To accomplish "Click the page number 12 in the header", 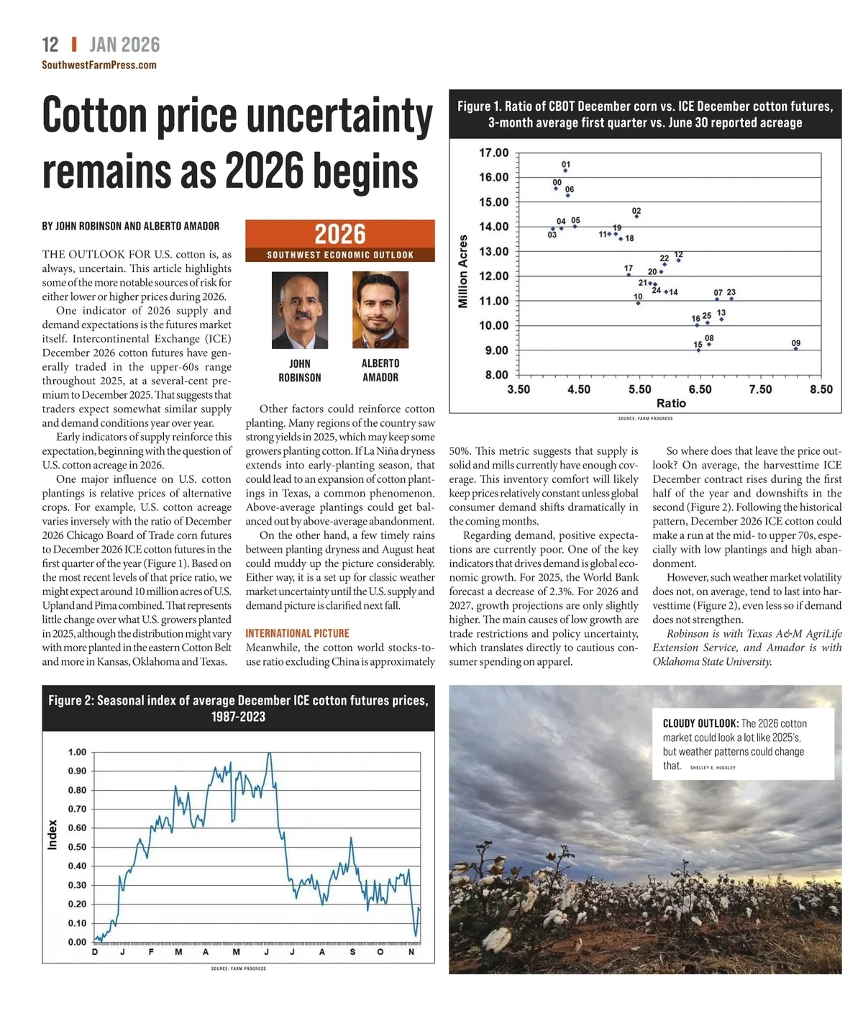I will pos(50,45).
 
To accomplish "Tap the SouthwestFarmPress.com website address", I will pos(99,65).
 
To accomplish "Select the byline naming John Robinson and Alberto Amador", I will pos(131,226).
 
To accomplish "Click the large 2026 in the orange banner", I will pos(340,235).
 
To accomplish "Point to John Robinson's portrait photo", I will pos(300,310).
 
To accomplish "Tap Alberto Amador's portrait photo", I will pos(380,310).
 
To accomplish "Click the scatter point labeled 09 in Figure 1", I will pos(795,348).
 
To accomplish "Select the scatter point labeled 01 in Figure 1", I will pos(565,171).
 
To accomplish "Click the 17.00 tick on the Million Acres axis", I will pos(493,153).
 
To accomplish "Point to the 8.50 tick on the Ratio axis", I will pos(821,389).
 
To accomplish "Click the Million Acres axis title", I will pos(463,271).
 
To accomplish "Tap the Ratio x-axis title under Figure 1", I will pos(670,404).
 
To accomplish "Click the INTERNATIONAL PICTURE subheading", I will pos(297,633).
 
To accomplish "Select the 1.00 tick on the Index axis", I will pos(77,752).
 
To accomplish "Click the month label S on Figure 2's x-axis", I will pos(352,952).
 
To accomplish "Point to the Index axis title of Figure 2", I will pos(52,835).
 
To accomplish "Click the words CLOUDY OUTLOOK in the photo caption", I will pos(700,723).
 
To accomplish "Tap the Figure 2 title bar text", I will pos(238,708).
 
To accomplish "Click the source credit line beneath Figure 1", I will pos(645,418).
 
